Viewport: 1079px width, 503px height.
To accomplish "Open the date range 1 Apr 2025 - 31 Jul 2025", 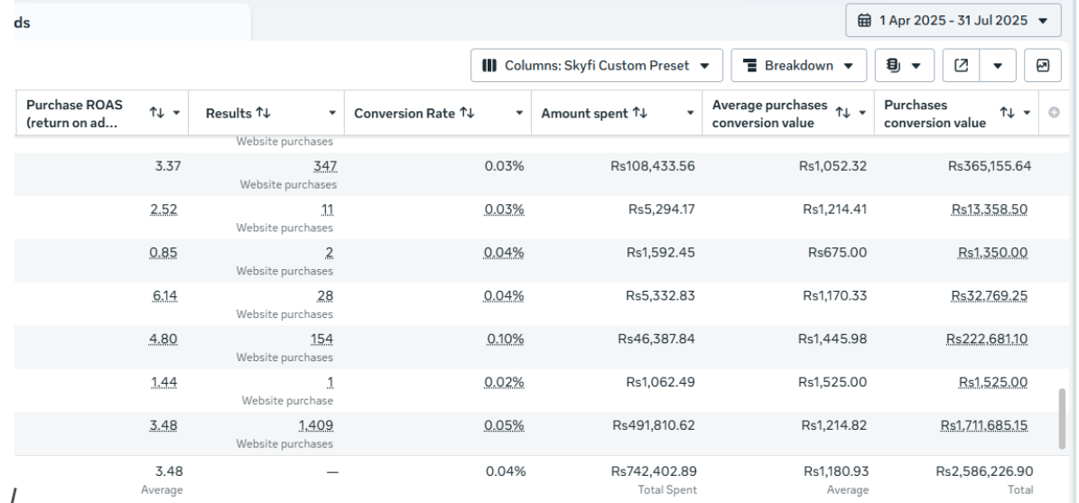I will pos(953,20).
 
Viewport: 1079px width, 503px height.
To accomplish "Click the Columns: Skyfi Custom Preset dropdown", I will pos(596,66).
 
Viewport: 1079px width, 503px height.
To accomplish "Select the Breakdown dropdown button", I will pos(798,66).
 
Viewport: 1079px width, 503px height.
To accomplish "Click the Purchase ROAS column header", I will pos(68,114).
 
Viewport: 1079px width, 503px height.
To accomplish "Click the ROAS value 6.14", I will pos(163,295).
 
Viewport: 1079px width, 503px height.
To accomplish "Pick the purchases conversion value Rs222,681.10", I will pos(988,339).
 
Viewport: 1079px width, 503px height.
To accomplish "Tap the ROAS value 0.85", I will pos(163,252).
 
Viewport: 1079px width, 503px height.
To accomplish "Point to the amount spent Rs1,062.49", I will pos(661,382).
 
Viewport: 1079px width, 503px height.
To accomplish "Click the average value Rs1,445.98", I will pos(835,339).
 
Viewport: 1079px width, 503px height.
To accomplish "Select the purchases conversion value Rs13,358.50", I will pos(991,209).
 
